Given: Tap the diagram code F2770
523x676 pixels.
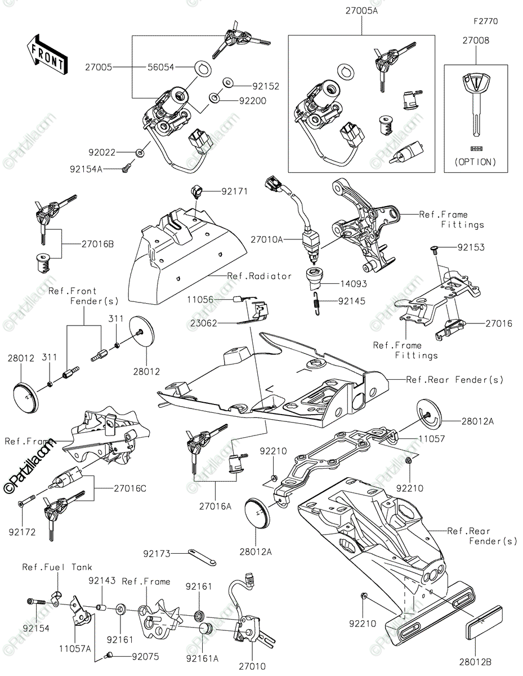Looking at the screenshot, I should click(x=485, y=22).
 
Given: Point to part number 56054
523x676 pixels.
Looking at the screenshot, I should click(x=160, y=67).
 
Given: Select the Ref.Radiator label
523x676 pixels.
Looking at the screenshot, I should click(x=259, y=276).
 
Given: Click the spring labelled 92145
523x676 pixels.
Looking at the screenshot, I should click(x=318, y=302).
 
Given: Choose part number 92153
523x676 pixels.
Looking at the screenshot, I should click(x=471, y=247).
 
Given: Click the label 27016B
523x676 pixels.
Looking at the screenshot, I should click(x=97, y=244).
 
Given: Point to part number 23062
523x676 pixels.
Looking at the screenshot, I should click(x=200, y=323).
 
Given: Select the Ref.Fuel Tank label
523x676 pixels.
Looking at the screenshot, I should click(x=57, y=567).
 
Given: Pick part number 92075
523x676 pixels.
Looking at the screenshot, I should click(x=146, y=656).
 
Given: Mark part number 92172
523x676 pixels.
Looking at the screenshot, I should click(x=23, y=531).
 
